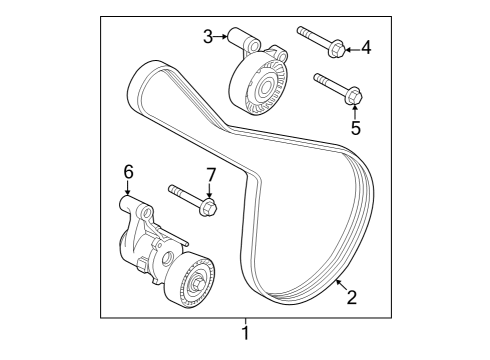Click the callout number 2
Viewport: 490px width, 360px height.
[x=351, y=295]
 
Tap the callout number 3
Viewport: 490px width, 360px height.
[x=207, y=37]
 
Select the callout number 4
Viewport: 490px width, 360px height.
[x=366, y=46]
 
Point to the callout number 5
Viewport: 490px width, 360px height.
[x=355, y=126]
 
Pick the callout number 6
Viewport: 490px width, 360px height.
[x=128, y=173]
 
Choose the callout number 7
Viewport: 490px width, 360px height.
[x=210, y=174]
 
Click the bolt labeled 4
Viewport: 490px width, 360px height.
[x=321, y=40]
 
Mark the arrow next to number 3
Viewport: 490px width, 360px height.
[x=221, y=37]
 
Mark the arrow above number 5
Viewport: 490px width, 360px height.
[x=355, y=110]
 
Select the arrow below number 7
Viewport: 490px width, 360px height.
[x=210, y=190]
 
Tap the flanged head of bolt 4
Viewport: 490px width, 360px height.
[x=337, y=46]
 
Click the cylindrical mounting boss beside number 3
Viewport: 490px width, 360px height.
[x=243, y=42]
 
